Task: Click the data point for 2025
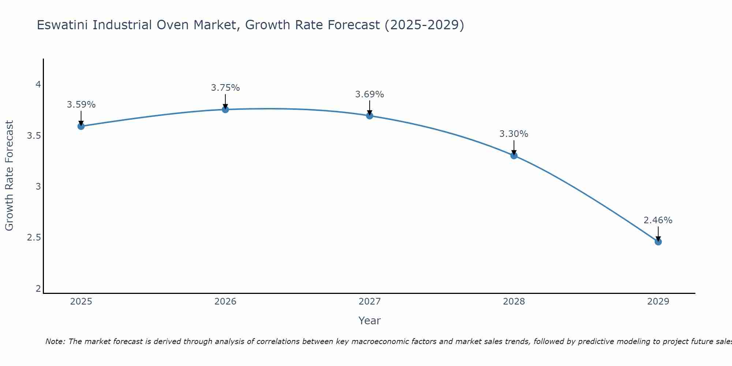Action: click(x=81, y=126)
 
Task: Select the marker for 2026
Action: click(x=225, y=109)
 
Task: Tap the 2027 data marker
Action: click(x=369, y=116)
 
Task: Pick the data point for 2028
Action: click(x=514, y=156)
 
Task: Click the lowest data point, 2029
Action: click(x=658, y=242)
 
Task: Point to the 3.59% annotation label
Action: click(x=81, y=105)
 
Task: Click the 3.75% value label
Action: click(x=225, y=88)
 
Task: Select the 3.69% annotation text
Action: click(x=369, y=94)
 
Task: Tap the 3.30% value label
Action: click(x=514, y=134)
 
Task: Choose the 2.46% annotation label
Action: click(x=658, y=220)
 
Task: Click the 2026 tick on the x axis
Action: click(x=225, y=302)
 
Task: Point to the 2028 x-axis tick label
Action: click(x=514, y=302)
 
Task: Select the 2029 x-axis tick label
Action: click(x=658, y=302)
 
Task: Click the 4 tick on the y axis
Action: click(x=38, y=85)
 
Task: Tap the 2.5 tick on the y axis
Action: click(x=34, y=238)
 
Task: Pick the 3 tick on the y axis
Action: click(x=38, y=187)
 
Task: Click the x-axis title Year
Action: click(x=369, y=321)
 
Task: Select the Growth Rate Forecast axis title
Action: click(x=9, y=176)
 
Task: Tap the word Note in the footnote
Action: click(x=55, y=341)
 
